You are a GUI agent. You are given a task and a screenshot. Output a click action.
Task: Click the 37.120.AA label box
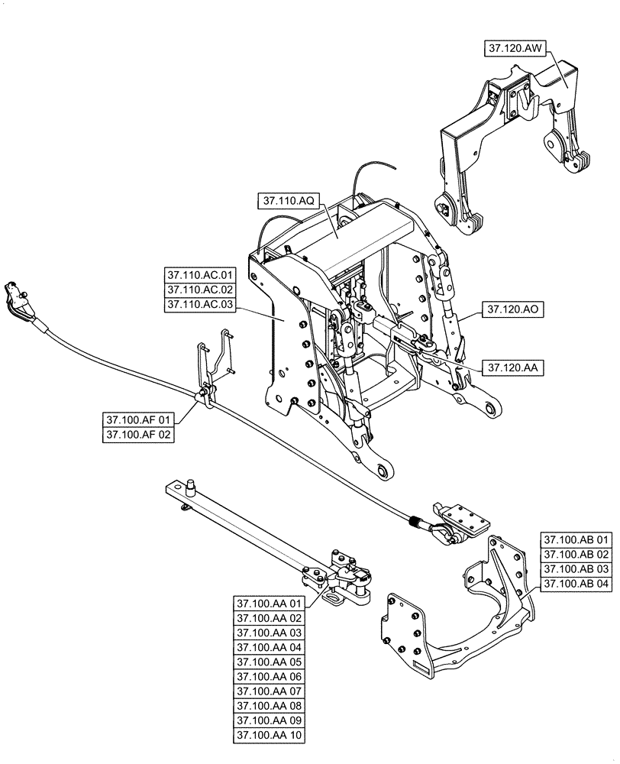(511, 367)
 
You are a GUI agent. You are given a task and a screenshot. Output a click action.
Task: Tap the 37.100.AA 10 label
(270, 736)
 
